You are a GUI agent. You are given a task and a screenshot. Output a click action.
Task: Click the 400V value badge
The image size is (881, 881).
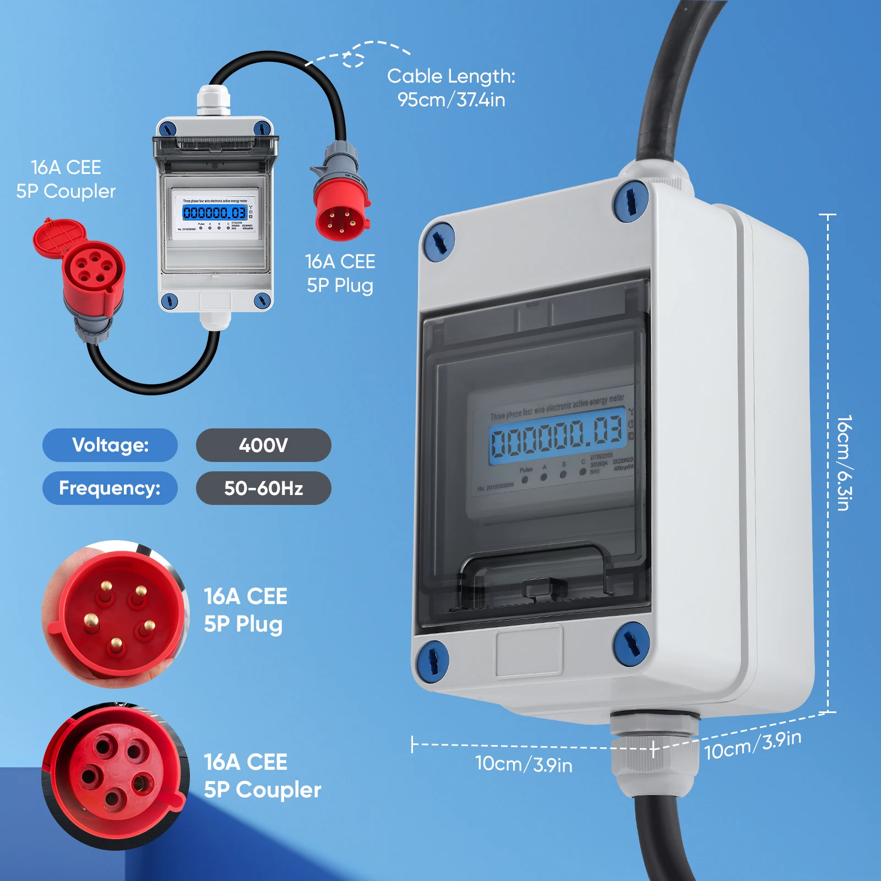click(263, 445)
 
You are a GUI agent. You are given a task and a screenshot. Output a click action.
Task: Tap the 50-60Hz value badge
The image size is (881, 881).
click(263, 488)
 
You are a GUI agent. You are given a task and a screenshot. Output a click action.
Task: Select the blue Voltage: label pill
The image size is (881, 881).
click(110, 445)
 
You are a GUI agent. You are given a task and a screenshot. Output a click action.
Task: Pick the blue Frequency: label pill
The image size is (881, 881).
click(110, 488)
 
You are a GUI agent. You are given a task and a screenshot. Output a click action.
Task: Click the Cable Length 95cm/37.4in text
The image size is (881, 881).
click(451, 88)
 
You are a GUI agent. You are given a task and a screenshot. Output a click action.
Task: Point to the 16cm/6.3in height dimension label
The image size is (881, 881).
click(844, 463)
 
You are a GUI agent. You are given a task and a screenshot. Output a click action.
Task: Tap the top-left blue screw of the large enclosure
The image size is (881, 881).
click(439, 241)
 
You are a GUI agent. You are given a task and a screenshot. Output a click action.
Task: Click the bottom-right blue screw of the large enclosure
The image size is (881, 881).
click(631, 643)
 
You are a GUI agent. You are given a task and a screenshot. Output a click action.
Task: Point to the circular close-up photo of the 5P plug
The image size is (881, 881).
click(116, 614)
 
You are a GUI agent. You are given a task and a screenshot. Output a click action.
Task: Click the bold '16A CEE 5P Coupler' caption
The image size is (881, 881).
click(262, 776)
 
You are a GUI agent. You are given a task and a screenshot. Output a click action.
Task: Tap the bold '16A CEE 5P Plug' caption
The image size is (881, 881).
click(246, 610)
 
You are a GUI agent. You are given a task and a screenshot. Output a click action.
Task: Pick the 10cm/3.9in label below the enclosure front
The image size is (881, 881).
click(524, 764)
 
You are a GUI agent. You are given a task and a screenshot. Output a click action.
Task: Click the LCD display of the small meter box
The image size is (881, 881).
click(215, 213)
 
